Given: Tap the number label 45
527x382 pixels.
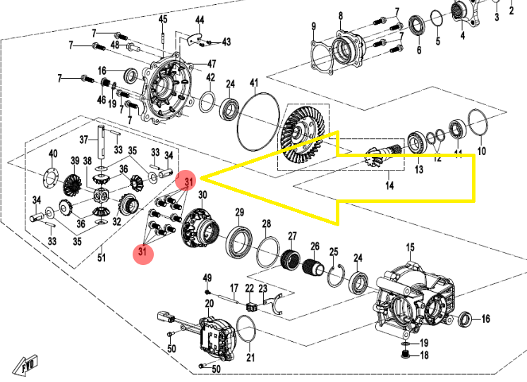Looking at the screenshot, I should (x=163, y=18).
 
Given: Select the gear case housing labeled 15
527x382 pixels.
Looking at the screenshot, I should (x=412, y=296).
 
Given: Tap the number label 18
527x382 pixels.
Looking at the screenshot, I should (x=424, y=355).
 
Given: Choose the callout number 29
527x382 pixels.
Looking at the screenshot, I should (x=239, y=212).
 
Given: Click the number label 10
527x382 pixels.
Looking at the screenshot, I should (x=482, y=151).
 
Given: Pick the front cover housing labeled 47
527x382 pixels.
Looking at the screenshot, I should (x=168, y=88).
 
